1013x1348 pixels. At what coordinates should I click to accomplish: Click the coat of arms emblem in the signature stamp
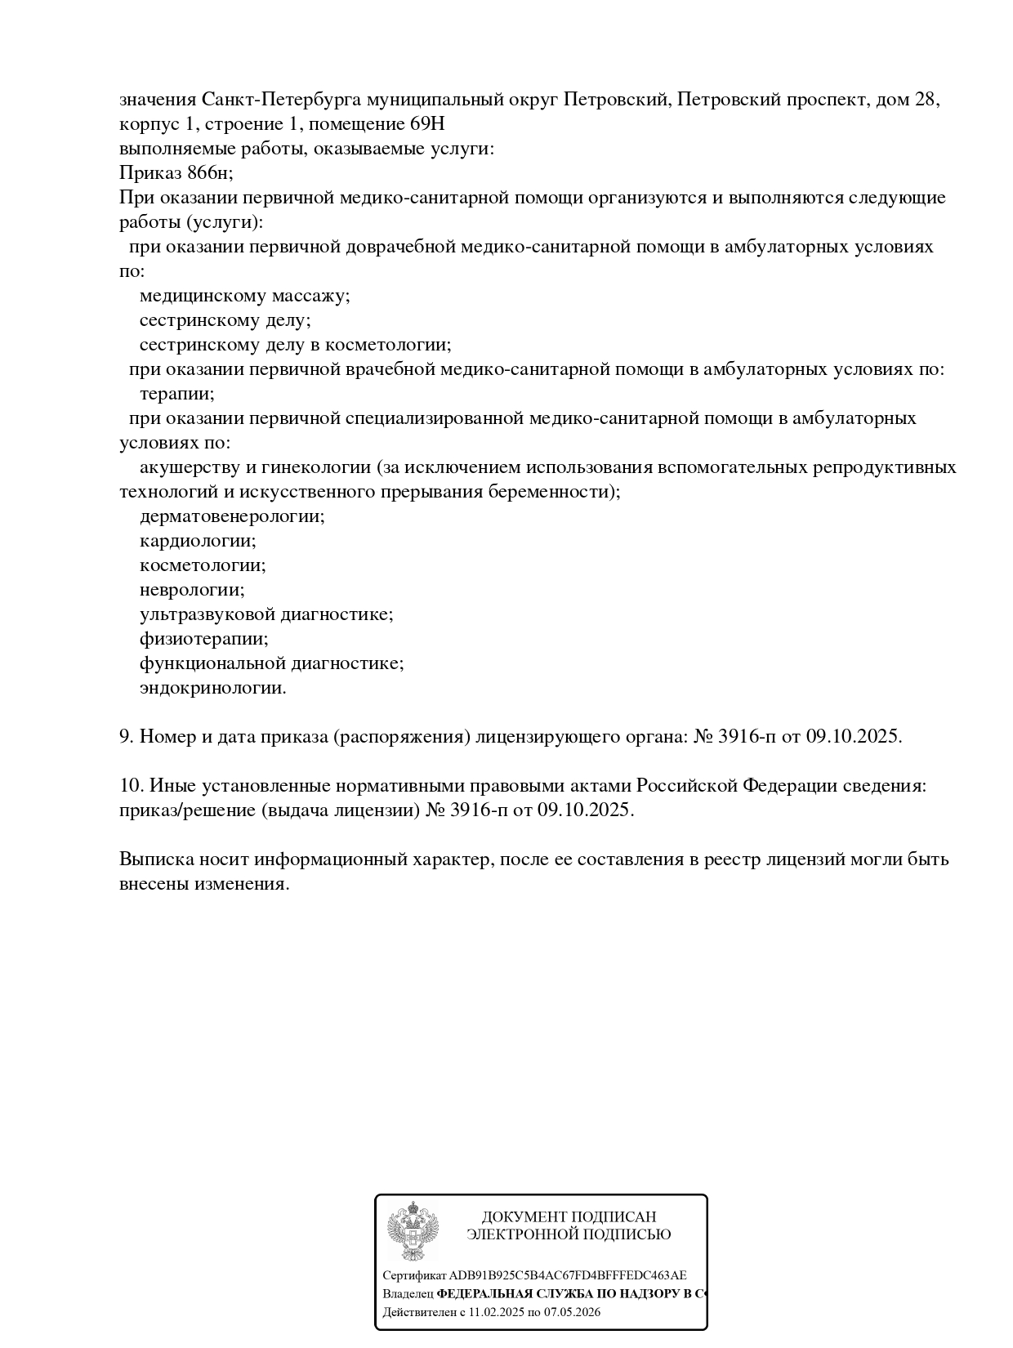coord(413,1234)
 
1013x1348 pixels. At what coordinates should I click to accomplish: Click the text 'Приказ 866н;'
coord(176,173)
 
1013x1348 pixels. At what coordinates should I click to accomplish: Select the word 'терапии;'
coord(177,394)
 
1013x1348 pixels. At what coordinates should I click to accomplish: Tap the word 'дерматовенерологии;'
coord(232,516)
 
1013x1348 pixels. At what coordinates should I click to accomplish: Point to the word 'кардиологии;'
coord(198,541)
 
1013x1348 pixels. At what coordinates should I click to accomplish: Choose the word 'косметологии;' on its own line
coord(203,565)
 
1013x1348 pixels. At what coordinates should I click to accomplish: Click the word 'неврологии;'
coord(192,590)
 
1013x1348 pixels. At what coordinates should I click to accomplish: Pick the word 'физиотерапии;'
coord(204,639)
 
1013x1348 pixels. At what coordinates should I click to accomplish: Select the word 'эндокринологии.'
coord(213,688)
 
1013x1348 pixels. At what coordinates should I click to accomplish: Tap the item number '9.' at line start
coord(127,737)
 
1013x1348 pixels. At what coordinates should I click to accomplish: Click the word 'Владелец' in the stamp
coord(408,1294)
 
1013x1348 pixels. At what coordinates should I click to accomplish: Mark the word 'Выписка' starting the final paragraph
coord(152,859)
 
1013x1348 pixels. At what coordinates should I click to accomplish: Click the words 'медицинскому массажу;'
coord(244,296)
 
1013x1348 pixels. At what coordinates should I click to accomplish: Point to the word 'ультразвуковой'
coord(208,614)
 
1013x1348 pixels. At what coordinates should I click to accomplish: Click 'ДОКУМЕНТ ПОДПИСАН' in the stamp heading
coord(569,1217)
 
